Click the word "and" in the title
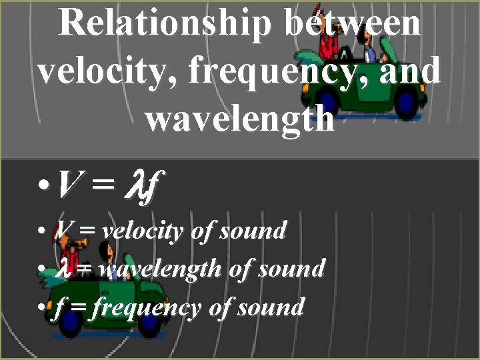[x=409, y=71]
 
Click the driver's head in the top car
[x=367, y=39]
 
